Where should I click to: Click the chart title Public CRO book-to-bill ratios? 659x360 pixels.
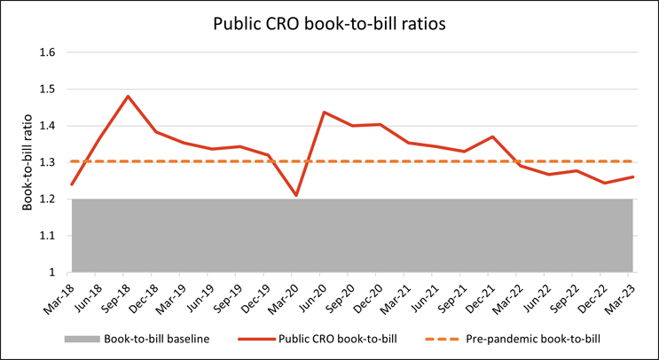(329, 24)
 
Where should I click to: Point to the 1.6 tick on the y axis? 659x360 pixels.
(49, 52)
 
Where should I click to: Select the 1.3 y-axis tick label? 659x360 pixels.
(49, 162)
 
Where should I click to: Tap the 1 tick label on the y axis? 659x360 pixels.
(52, 272)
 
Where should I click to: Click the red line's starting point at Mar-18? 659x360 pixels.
(72, 184)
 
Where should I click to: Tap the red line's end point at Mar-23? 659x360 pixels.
(632, 176)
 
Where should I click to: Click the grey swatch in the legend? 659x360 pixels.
(79, 338)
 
